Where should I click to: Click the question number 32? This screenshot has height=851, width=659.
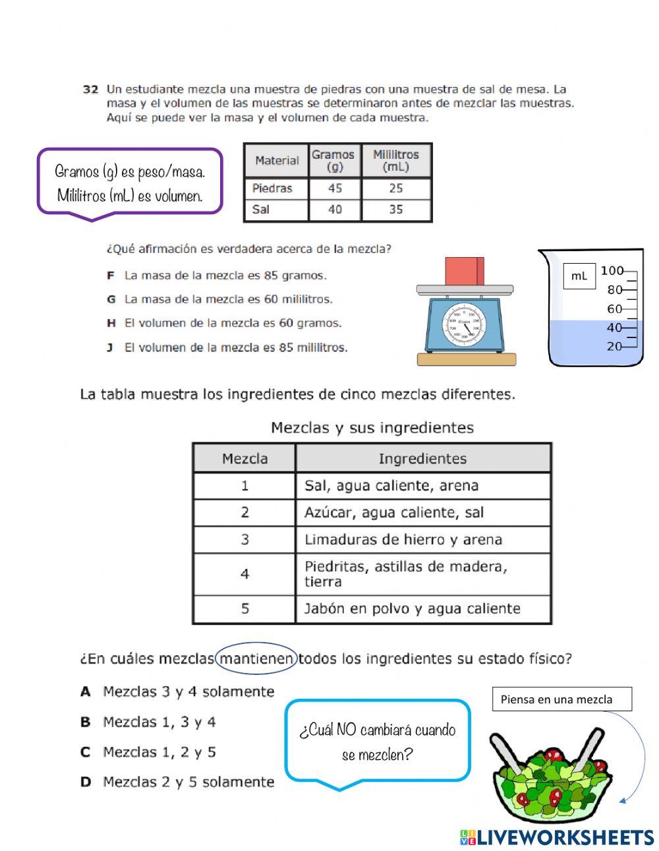(x=90, y=89)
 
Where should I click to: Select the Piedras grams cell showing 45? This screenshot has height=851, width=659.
(x=335, y=189)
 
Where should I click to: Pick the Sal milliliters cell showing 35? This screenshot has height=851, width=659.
(x=396, y=210)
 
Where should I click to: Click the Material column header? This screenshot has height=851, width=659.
(x=277, y=160)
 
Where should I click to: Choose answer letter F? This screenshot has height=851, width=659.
(x=111, y=276)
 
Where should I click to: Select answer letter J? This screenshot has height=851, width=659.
(x=111, y=347)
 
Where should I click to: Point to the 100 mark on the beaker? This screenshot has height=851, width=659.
(x=612, y=270)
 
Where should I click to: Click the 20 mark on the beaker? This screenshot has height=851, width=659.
(x=614, y=346)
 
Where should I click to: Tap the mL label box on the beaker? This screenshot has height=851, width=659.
(x=579, y=276)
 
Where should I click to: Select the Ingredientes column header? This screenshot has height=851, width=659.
(x=422, y=459)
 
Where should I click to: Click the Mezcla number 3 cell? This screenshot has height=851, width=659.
(x=244, y=540)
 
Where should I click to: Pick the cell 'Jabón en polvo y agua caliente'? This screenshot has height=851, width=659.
(x=413, y=609)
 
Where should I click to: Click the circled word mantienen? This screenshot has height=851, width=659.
(x=256, y=659)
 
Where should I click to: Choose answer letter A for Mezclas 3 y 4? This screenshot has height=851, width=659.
(x=86, y=692)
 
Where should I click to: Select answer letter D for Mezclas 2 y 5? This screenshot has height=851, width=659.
(x=86, y=782)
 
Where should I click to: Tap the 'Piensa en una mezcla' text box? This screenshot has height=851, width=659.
(x=561, y=699)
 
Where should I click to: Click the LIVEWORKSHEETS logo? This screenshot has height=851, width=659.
(x=557, y=837)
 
